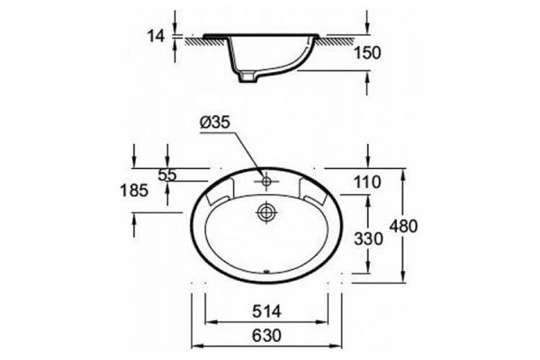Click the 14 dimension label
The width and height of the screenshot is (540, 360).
(156, 35)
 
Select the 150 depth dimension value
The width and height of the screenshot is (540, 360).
(367, 53)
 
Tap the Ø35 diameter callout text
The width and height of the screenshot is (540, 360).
(214, 122)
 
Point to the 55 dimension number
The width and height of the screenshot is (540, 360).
(167, 175)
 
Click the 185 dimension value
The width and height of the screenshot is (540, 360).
(134, 190)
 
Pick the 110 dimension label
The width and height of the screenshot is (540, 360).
(367, 182)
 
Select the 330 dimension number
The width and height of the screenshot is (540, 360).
(368, 238)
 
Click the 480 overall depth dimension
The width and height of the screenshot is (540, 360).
(403, 226)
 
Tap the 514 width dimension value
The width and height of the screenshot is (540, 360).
(266, 311)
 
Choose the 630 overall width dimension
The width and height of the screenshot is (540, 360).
(266, 335)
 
